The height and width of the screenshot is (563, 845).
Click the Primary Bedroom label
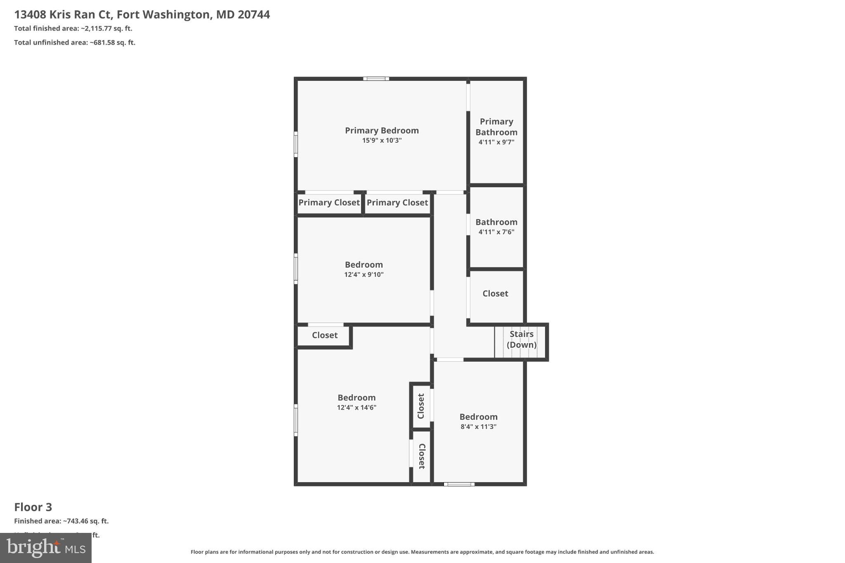(x=382, y=130)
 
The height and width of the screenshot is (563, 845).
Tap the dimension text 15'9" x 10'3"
(x=382, y=141)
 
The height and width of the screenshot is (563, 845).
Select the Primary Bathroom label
(x=496, y=127)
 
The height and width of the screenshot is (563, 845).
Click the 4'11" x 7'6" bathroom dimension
(x=496, y=232)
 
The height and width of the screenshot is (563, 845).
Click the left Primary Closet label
(x=329, y=203)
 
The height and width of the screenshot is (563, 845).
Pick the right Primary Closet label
(x=397, y=203)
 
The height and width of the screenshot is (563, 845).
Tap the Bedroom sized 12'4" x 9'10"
(x=363, y=265)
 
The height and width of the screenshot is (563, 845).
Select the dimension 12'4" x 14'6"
(x=356, y=408)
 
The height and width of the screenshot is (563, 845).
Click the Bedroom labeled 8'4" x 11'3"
(x=478, y=417)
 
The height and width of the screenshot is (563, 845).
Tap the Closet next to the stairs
(x=495, y=294)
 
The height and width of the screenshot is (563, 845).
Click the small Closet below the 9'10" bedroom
(x=324, y=335)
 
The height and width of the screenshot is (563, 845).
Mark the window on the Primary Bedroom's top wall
(x=376, y=79)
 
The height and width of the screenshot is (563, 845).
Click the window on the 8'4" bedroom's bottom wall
(x=459, y=484)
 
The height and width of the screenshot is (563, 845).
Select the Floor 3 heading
(x=33, y=507)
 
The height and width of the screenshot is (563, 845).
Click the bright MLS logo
(x=46, y=548)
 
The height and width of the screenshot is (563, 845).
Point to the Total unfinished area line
(x=75, y=42)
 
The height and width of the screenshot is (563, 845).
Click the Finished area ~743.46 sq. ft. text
(x=61, y=521)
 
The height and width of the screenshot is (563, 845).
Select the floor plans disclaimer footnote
(x=422, y=552)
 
